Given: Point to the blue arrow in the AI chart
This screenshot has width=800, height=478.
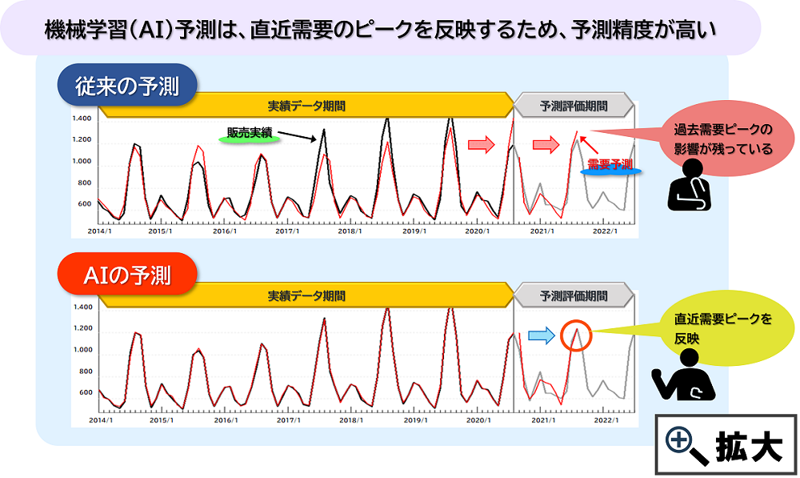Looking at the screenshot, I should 542,336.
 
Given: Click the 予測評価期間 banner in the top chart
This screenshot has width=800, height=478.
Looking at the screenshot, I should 573,106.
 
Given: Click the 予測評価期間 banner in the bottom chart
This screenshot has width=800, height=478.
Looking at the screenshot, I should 573,295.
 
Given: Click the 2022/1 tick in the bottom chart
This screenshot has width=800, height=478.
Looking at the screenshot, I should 605,420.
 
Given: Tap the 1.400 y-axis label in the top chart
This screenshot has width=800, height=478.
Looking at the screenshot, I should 82,118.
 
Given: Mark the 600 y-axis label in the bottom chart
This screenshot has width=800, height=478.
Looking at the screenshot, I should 84,393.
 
